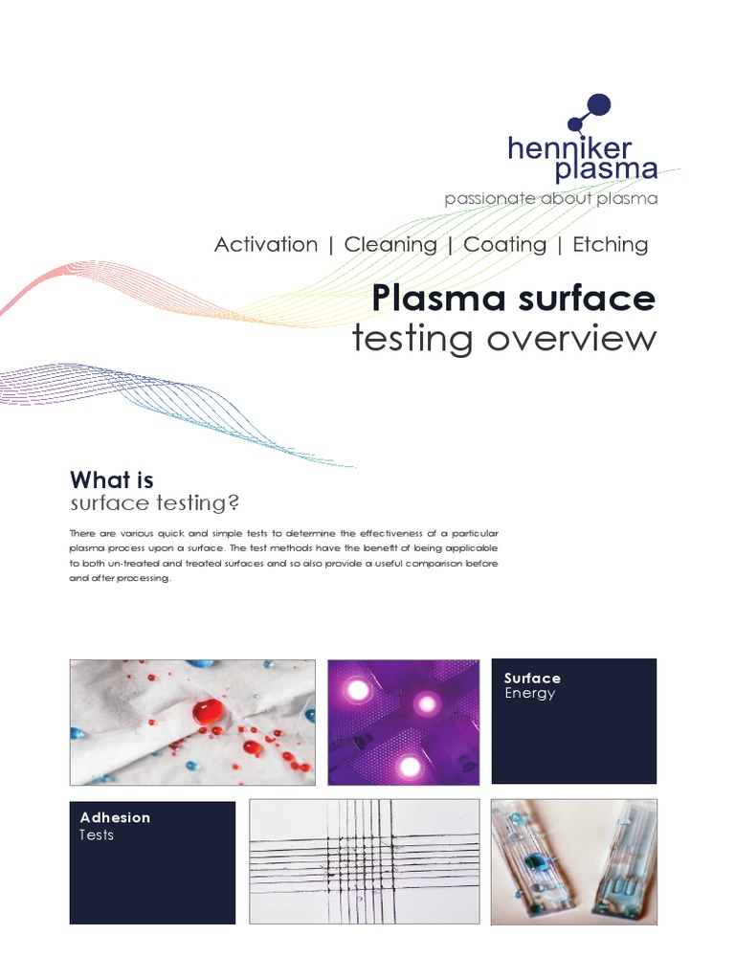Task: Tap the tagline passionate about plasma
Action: point(550,199)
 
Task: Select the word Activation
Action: point(266,244)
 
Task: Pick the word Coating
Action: point(504,244)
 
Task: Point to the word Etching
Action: point(610,244)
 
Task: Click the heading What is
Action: point(111,480)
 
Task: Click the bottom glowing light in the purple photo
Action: point(409,765)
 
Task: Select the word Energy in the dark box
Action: point(529,693)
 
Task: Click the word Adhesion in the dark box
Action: point(115,817)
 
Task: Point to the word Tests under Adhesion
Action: point(97,835)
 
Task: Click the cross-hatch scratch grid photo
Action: point(364,861)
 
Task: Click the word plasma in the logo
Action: point(607,170)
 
